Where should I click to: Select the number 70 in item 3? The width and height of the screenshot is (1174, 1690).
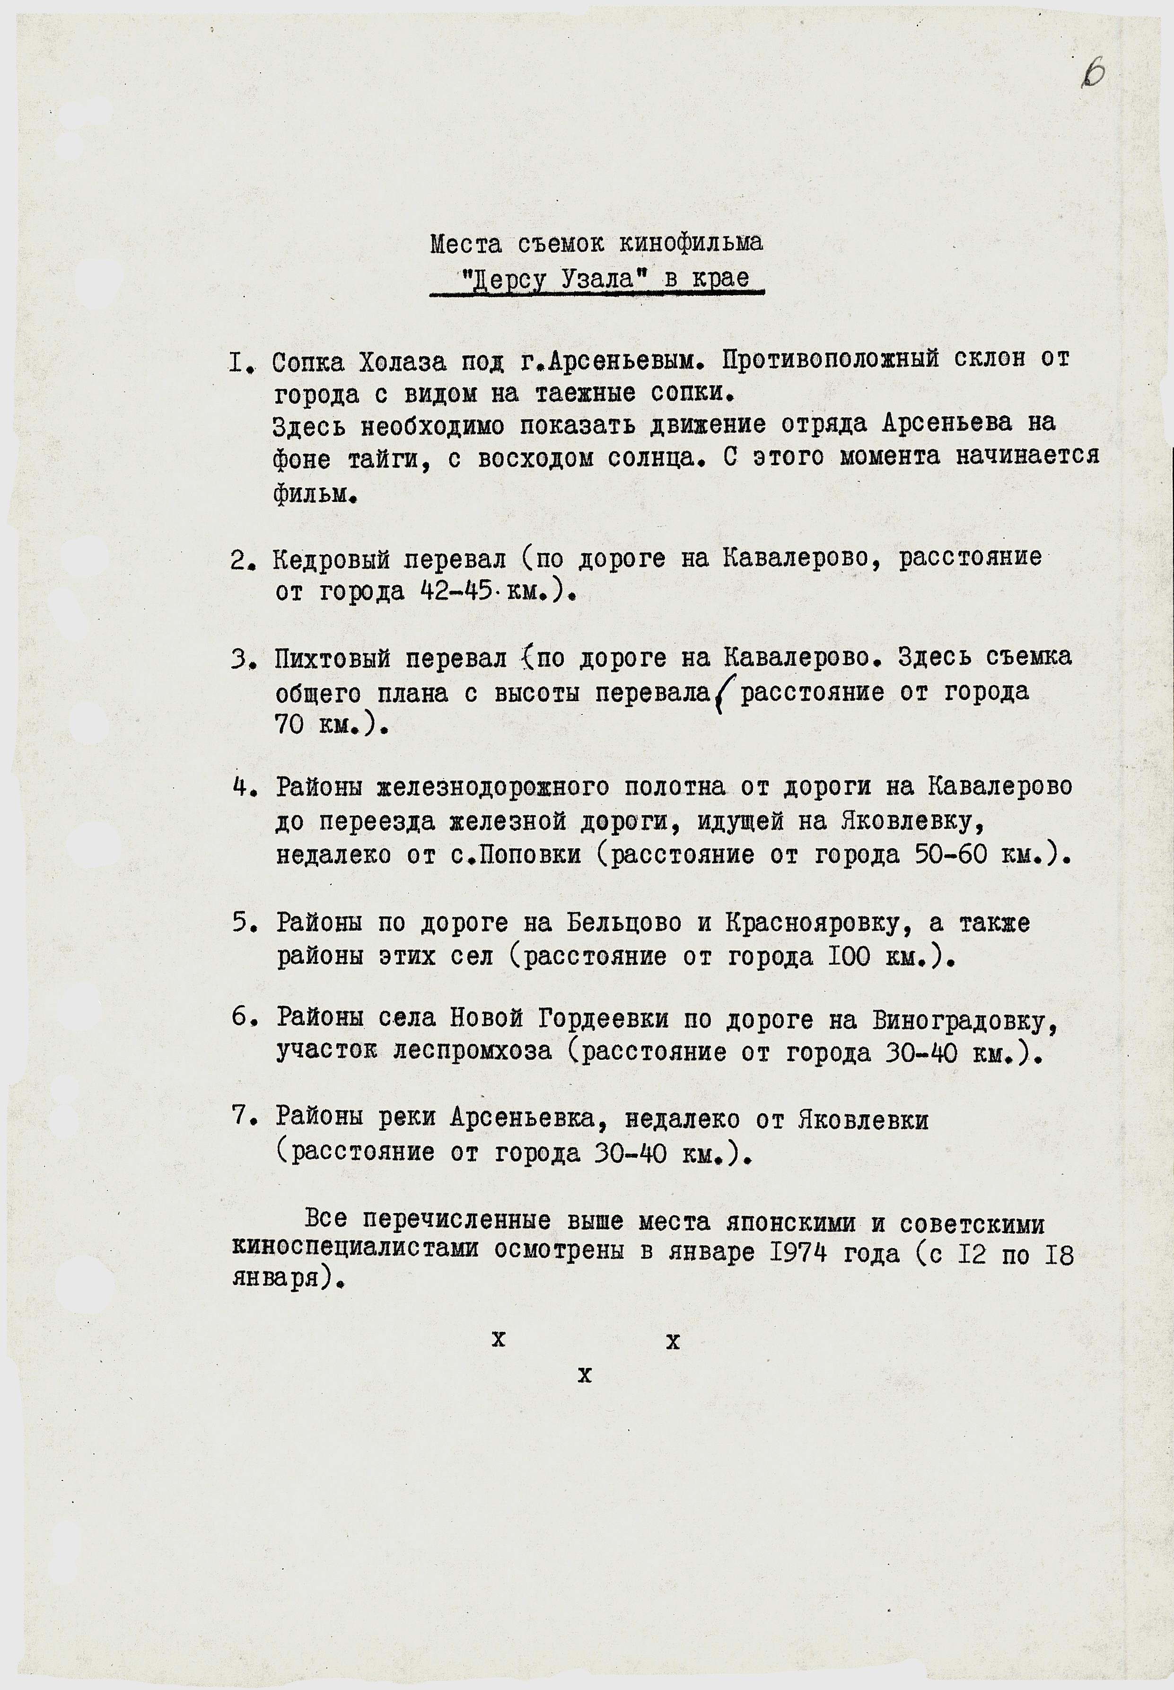point(290,726)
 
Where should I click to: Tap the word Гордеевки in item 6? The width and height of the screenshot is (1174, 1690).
point(603,1020)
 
